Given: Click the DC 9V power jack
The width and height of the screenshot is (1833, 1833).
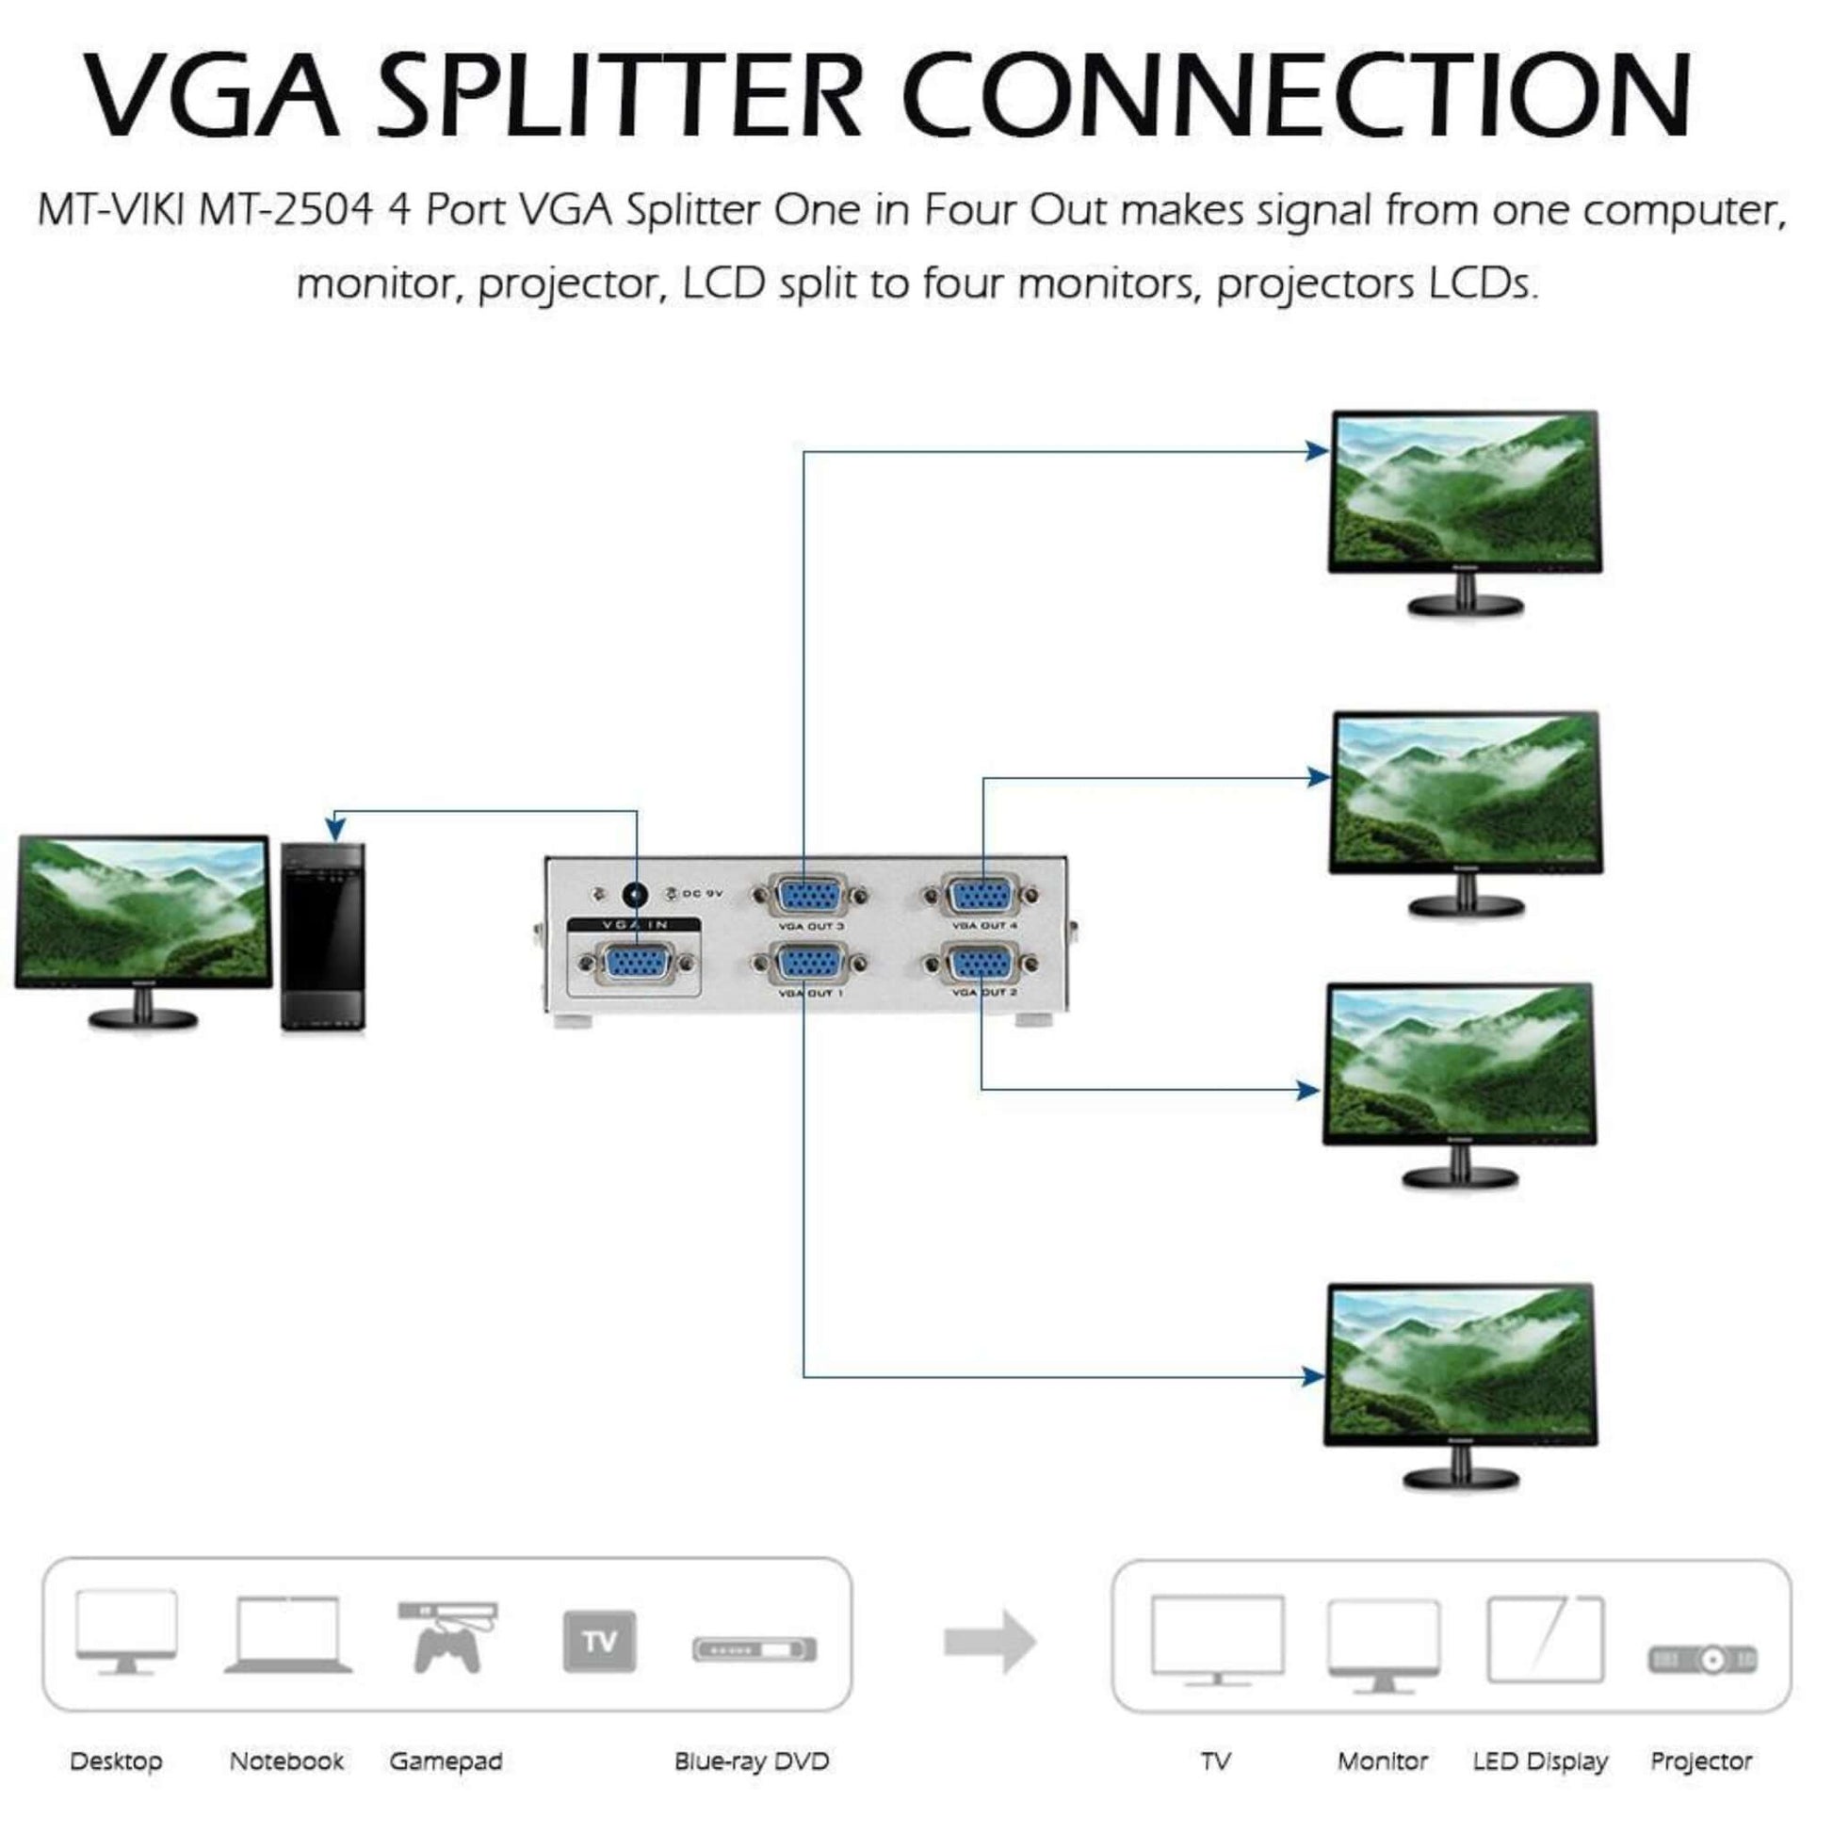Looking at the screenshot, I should pos(634,895).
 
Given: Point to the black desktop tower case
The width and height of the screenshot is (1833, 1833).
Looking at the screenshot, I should pos(323,936).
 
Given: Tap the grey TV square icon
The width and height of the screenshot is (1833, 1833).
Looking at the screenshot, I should pos(600,1641).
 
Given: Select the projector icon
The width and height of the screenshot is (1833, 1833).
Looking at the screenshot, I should pos(1703,1660).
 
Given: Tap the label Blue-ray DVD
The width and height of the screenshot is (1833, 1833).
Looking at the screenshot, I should pos(752,1761).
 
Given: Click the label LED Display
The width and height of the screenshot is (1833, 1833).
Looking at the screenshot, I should pos(1540,1761).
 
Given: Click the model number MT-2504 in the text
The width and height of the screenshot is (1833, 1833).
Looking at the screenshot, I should pos(285,210).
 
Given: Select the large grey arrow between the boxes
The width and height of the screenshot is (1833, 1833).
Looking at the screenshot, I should pos(990,1642).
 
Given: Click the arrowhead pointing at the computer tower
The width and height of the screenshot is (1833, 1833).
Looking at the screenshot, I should pos(335,826).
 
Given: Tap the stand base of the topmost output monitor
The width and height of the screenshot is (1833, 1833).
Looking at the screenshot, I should pos(1465,606).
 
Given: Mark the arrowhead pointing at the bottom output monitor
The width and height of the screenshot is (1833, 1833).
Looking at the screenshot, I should pos(1313,1377).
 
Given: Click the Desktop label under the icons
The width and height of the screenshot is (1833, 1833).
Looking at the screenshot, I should pos(116,1761).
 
